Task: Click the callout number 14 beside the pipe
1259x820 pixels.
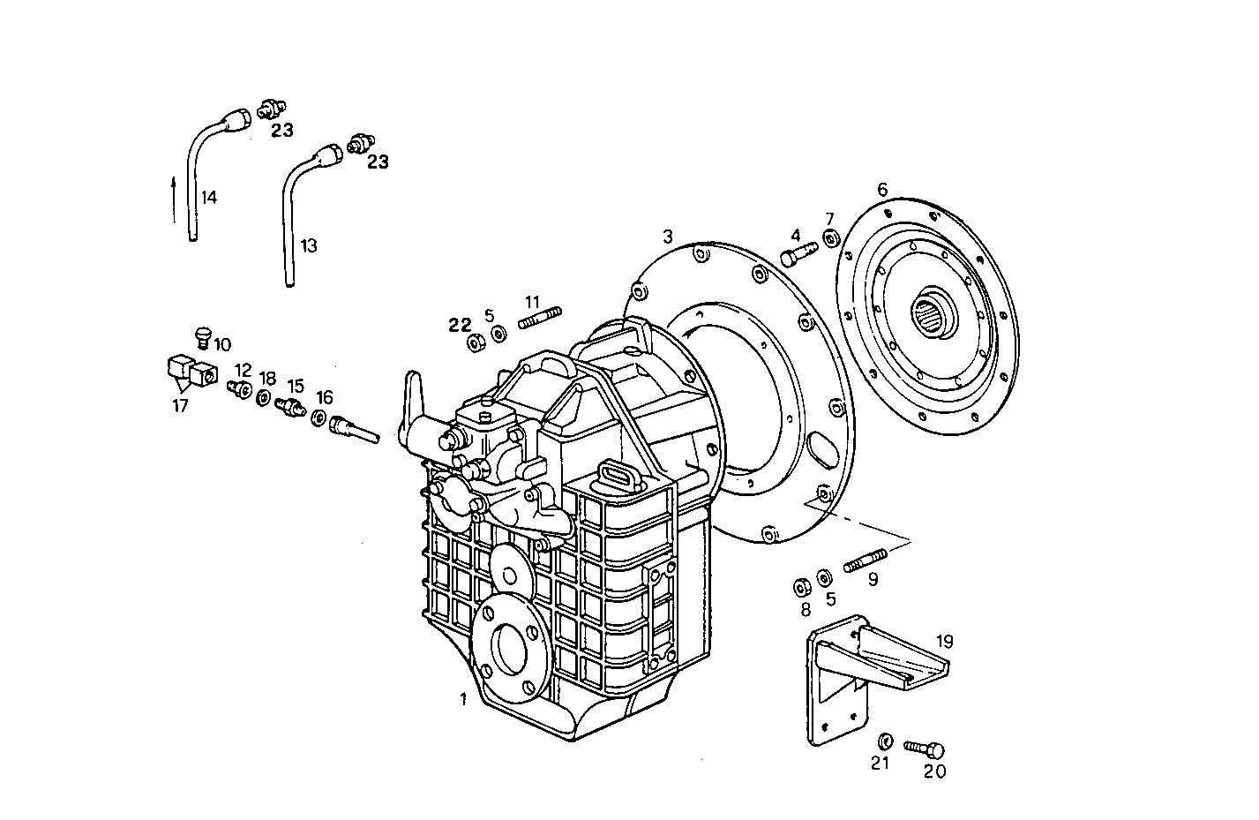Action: click(x=208, y=197)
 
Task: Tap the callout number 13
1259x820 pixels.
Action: click(x=307, y=245)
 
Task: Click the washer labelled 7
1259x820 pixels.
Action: click(x=829, y=238)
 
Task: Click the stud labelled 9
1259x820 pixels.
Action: click(x=865, y=560)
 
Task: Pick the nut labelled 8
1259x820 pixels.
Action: click(x=803, y=586)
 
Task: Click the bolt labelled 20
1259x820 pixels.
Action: click(x=924, y=749)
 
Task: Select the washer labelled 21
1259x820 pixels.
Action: click(x=885, y=740)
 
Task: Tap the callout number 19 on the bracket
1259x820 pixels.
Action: click(x=944, y=642)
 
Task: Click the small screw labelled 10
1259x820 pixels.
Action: click(x=203, y=335)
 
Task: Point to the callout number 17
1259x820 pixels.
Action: click(x=180, y=406)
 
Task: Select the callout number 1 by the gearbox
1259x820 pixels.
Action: click(x=462, y=699)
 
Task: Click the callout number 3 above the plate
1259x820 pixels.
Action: click(x=668, y=237)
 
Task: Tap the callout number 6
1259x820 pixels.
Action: click(x=881, y=189)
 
